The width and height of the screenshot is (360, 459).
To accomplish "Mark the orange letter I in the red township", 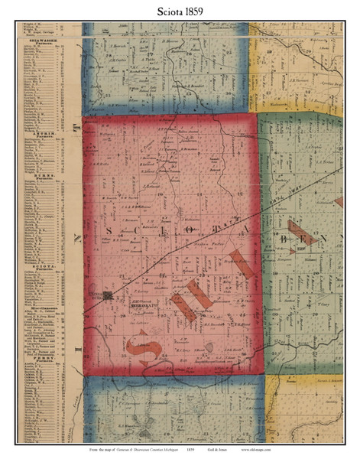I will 238,264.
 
